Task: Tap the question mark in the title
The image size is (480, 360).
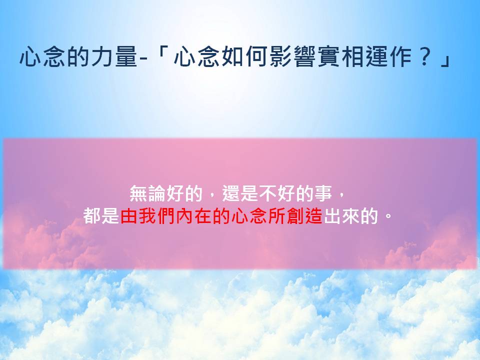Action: [x=424, y=56]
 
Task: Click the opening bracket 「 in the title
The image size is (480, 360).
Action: [x=160, y=53]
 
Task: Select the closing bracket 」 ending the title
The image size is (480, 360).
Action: [x=445, y=59]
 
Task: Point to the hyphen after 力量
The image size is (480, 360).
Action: [x=143, y=57]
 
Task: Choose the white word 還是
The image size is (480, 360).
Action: [x=240, y=193]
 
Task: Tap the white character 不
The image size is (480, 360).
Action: [x=268, y=193]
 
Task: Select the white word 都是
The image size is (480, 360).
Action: [x=101, y=216]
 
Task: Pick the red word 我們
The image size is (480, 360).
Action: [x=156, y=216]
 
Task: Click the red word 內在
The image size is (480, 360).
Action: [x=193, y=216]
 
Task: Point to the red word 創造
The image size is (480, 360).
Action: [x=304, y=216]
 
